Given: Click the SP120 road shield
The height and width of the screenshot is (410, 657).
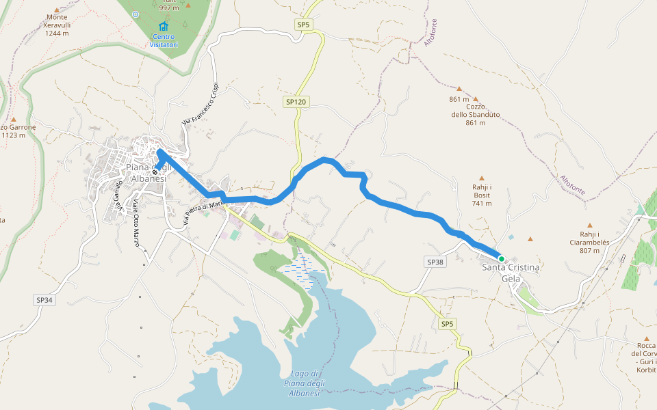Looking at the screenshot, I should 296,102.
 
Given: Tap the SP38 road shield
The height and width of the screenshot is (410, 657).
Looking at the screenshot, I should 435,262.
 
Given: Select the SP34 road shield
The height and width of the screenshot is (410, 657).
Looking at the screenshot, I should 44,299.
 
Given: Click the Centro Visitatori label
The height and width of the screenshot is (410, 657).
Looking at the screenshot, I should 164,41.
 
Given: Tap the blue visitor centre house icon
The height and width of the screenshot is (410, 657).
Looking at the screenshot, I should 163,27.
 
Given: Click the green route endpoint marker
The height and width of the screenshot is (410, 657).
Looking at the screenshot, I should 501,258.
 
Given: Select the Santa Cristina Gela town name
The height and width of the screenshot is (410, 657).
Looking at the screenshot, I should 511,273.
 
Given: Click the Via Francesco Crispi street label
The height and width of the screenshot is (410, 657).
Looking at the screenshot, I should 199,104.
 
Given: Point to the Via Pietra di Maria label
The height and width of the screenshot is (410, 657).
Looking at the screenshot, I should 204,213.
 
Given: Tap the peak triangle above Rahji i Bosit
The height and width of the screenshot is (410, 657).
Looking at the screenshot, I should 481,178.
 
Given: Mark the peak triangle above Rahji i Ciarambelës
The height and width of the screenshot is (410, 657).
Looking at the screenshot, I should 589,224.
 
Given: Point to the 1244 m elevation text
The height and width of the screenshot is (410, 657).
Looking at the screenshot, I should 57,33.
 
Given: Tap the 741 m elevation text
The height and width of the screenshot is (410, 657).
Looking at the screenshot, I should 481,204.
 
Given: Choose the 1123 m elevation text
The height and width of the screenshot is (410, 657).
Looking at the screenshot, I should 14,135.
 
